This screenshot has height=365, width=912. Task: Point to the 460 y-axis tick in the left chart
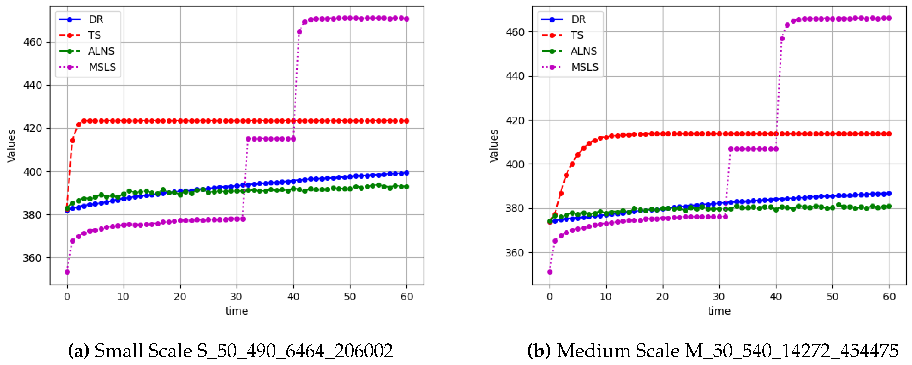pyautogui.click(x=32, y=42)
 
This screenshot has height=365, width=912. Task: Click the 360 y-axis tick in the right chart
pyautogui.click(x=515, y=253)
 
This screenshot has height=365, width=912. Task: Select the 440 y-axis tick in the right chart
pyautogui.click(x=515, y=76)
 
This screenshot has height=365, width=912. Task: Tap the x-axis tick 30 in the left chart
pyautogui.click(x=236, y=297)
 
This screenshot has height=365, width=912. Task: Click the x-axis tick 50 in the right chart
pyautogui.click(x=832, y=297)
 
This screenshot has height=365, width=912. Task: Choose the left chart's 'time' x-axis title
pyautogui.click(x=236, y=311)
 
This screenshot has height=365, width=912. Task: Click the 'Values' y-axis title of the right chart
pyautogui.click(x=494, y=146)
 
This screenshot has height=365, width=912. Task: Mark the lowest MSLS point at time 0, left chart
pyautogui.click(x=67, y=272)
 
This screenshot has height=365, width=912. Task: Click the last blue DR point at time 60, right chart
pyautogui.click(x=889, y=194)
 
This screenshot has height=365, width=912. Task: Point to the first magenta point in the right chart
pyautogui.click(x=550, y=272)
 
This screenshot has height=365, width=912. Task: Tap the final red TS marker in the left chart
pyautogui.click(x=406, y=121)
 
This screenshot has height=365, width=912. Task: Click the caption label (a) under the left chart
pyautogui.click(x=78, y=351)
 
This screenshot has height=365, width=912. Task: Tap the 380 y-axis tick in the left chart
pyautogui.click(x=32, y=215)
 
